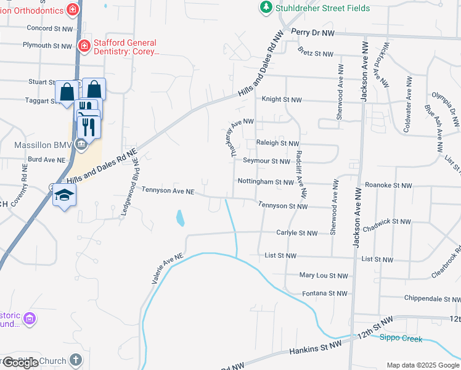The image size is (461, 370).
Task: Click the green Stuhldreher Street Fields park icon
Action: [266, 7]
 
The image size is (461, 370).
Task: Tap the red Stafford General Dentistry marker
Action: [84, 46]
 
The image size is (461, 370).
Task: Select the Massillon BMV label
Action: [41, 145]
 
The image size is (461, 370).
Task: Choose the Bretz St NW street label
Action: [316, 54]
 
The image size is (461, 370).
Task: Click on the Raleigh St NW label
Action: [277, 143]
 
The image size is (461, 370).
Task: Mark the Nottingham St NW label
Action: [266, 183]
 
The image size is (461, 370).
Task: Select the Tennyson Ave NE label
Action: [168, 192]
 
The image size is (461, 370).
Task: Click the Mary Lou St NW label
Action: [324, 276]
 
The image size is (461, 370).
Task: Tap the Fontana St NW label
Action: [325, 294]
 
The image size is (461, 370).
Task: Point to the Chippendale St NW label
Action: [431, 298]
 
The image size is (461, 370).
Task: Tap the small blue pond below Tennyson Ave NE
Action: [179, 218]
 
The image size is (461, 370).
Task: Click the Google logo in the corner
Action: [20, 363]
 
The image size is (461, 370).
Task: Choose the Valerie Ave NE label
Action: [168, 268]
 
